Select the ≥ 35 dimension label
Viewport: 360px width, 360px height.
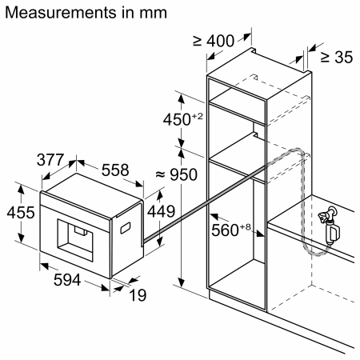pyautogui.click(x=336, y=57)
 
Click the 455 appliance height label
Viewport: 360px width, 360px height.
pyautogui.click(x=18, y=214)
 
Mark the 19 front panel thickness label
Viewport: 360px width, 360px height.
pyautogui.click(x=138, y=294)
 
